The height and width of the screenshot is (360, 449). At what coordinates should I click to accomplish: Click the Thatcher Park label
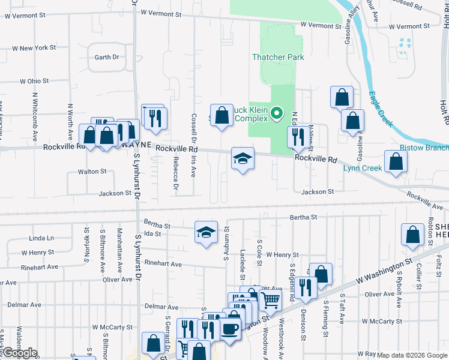click(x=278, y=57)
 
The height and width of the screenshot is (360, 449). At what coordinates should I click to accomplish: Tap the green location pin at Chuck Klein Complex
click(x=277, y=113)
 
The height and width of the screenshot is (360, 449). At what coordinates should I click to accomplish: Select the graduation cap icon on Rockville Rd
click(x=243, y=159)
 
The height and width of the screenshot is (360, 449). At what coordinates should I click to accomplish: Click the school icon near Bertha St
click(x=206, y=232)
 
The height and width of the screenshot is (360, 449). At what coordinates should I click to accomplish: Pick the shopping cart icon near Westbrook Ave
click(x=270, y=299)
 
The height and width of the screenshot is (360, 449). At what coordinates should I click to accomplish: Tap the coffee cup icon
click(x=231, y=329)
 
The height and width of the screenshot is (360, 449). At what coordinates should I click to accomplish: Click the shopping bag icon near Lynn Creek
click(x=396, y=161)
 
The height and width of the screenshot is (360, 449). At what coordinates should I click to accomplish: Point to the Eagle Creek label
click(x=381, y=109)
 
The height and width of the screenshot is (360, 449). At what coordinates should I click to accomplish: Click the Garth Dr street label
click(x=107, y=58)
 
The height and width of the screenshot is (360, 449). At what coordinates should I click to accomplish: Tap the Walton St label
click(x=92, y=171)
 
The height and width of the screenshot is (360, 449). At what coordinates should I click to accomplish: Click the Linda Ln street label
click(x=41, y=238)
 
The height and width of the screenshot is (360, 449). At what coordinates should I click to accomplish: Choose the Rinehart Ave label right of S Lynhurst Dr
click(x=163, y=264)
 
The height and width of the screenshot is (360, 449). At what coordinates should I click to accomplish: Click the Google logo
click(x=19, y=353)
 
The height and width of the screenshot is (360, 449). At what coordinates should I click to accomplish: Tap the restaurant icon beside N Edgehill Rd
click(x=297, y=138)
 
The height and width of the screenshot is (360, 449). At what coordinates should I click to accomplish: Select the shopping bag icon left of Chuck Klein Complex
click(x=221, y=115)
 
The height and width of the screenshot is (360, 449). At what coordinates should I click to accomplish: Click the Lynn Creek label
click(x=363, y=168)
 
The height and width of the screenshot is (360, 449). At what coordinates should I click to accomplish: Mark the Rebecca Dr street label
click(x=175, y=179)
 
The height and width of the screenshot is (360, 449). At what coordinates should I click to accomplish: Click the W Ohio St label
click(x=34, y=80)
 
